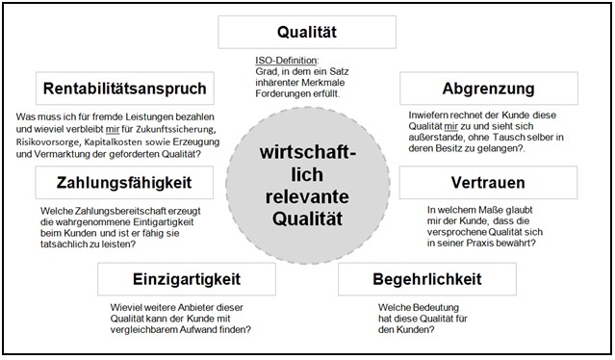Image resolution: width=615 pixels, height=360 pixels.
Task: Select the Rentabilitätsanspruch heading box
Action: (124, 90)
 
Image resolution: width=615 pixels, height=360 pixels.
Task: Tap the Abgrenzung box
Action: (488, 90)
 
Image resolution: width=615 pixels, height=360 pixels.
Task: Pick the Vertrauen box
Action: (500, 181)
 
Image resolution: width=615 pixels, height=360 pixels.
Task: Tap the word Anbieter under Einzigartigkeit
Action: (178, 308)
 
